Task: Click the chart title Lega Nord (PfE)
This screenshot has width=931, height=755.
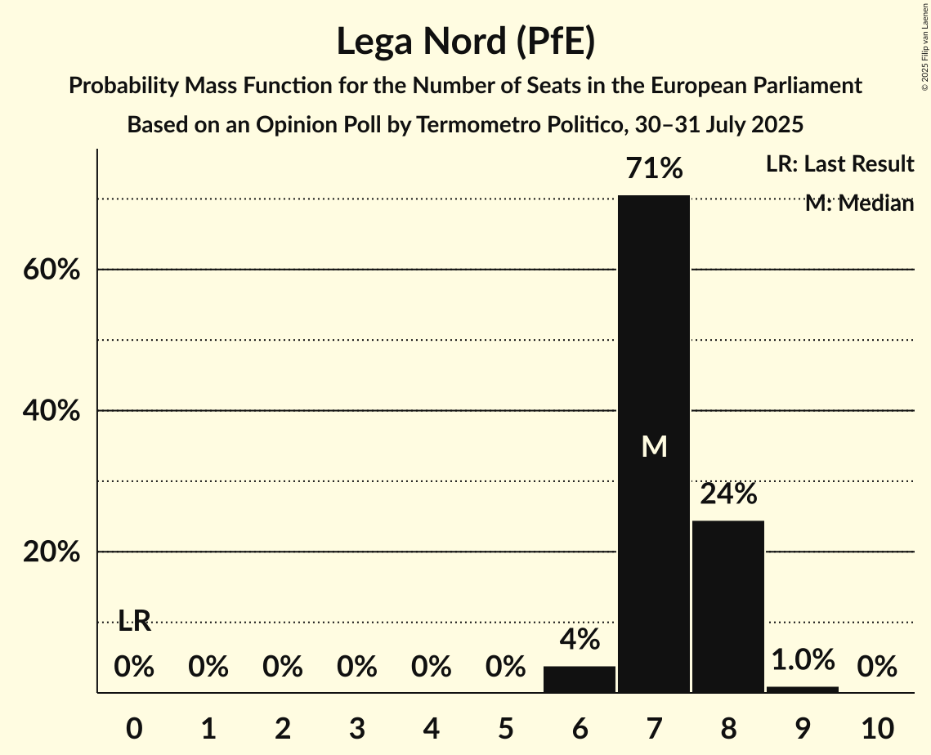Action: (x=465, y=41)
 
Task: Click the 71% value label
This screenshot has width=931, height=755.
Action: (x=653, y=169)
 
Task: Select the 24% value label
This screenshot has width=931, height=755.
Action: (x=727, y=494)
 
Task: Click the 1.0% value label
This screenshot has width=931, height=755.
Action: (x=802, y=659)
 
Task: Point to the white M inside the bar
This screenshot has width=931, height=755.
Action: (x=654, y=446)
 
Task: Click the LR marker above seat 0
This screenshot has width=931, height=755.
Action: (x=134, y=621)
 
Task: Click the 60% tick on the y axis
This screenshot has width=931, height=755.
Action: (x=51, y=270)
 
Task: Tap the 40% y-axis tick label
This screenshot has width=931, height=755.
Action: (x=51, y=411)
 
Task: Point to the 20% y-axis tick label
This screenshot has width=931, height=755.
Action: (x=51, y=552)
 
